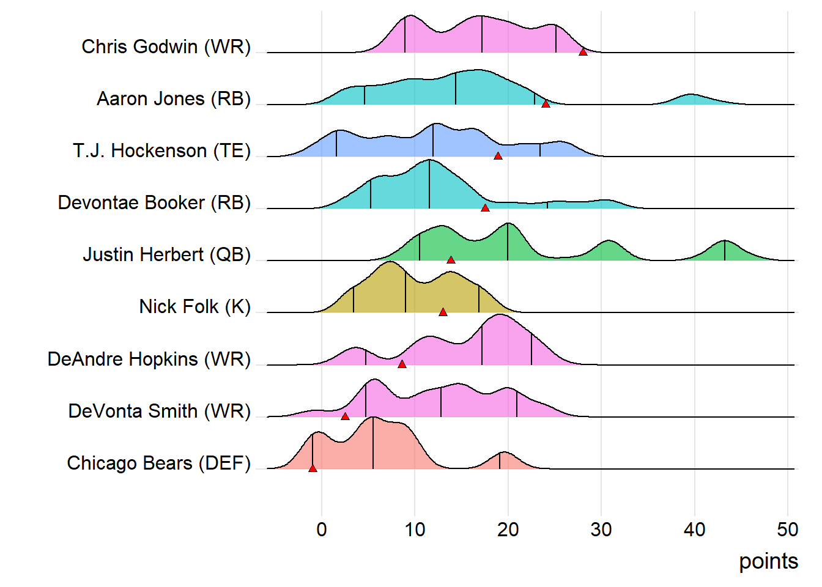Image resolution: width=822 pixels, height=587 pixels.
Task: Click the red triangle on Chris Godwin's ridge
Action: point(583,52)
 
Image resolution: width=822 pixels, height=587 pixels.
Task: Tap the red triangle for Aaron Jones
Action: point(546,104)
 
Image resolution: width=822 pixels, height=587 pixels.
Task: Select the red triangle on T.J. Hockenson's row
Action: point(498,156)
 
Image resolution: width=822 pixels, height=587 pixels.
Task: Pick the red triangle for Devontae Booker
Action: point(485,209)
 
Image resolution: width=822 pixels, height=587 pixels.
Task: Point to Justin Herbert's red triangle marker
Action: point(451,260)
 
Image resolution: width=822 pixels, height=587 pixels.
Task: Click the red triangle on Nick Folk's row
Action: point(443,312)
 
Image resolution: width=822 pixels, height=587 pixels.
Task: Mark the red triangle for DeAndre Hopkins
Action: point(402,364)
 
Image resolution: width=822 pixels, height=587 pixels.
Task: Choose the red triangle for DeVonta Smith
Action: point(345,416)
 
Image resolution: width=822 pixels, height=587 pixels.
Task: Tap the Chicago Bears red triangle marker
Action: point(313,468)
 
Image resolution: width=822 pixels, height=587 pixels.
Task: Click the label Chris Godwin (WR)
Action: point(166,47)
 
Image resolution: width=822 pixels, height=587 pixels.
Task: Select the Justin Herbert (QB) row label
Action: point(166,255)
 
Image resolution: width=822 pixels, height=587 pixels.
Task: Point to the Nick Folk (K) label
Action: point(194,306)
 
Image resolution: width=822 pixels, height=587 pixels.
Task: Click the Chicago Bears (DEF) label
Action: point(158,463)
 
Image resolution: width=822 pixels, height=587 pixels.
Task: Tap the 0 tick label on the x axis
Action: point(322,530)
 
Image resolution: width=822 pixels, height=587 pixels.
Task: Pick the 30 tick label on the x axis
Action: point(601,530)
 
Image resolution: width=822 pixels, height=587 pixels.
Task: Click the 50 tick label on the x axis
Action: point(788,530)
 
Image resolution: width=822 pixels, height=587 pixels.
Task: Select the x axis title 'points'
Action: point(768,561)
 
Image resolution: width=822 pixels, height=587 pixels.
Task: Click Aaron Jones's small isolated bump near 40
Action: point(691,100)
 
